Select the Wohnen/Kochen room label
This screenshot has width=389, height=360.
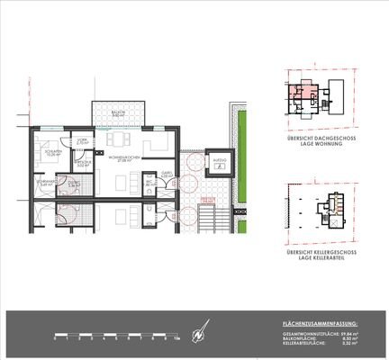(x=121, y=158)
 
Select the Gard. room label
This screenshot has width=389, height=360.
(x=167, y=174)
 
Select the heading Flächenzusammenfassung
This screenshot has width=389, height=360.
(x=320, y=321)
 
